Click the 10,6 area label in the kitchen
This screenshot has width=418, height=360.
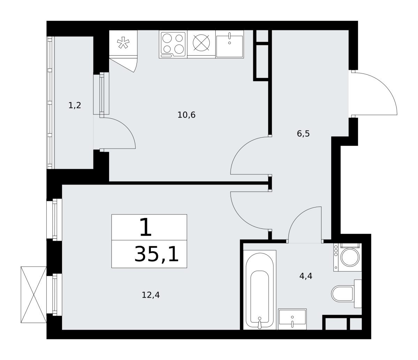click(x=186, y=115)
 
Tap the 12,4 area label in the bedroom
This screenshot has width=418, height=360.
click(x=151, y=295)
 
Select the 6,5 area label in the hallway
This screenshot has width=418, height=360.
click(x=303, y=134)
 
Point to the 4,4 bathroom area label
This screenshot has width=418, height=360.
click(x=306, y=276)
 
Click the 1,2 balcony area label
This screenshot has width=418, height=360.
click(x=75, y=105)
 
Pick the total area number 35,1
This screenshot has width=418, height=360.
click(x=156, y=254)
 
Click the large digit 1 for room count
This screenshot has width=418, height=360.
click(x=146, y=227)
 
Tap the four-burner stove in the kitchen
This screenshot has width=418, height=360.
click(x=173, y=44)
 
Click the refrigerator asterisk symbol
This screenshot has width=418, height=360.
click(x=123, y=42)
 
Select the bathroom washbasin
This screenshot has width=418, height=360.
click(x=292, y=319)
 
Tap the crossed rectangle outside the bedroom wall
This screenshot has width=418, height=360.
click(x=33, y=295)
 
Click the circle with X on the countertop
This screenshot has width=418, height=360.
click(x=201, y=43)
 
